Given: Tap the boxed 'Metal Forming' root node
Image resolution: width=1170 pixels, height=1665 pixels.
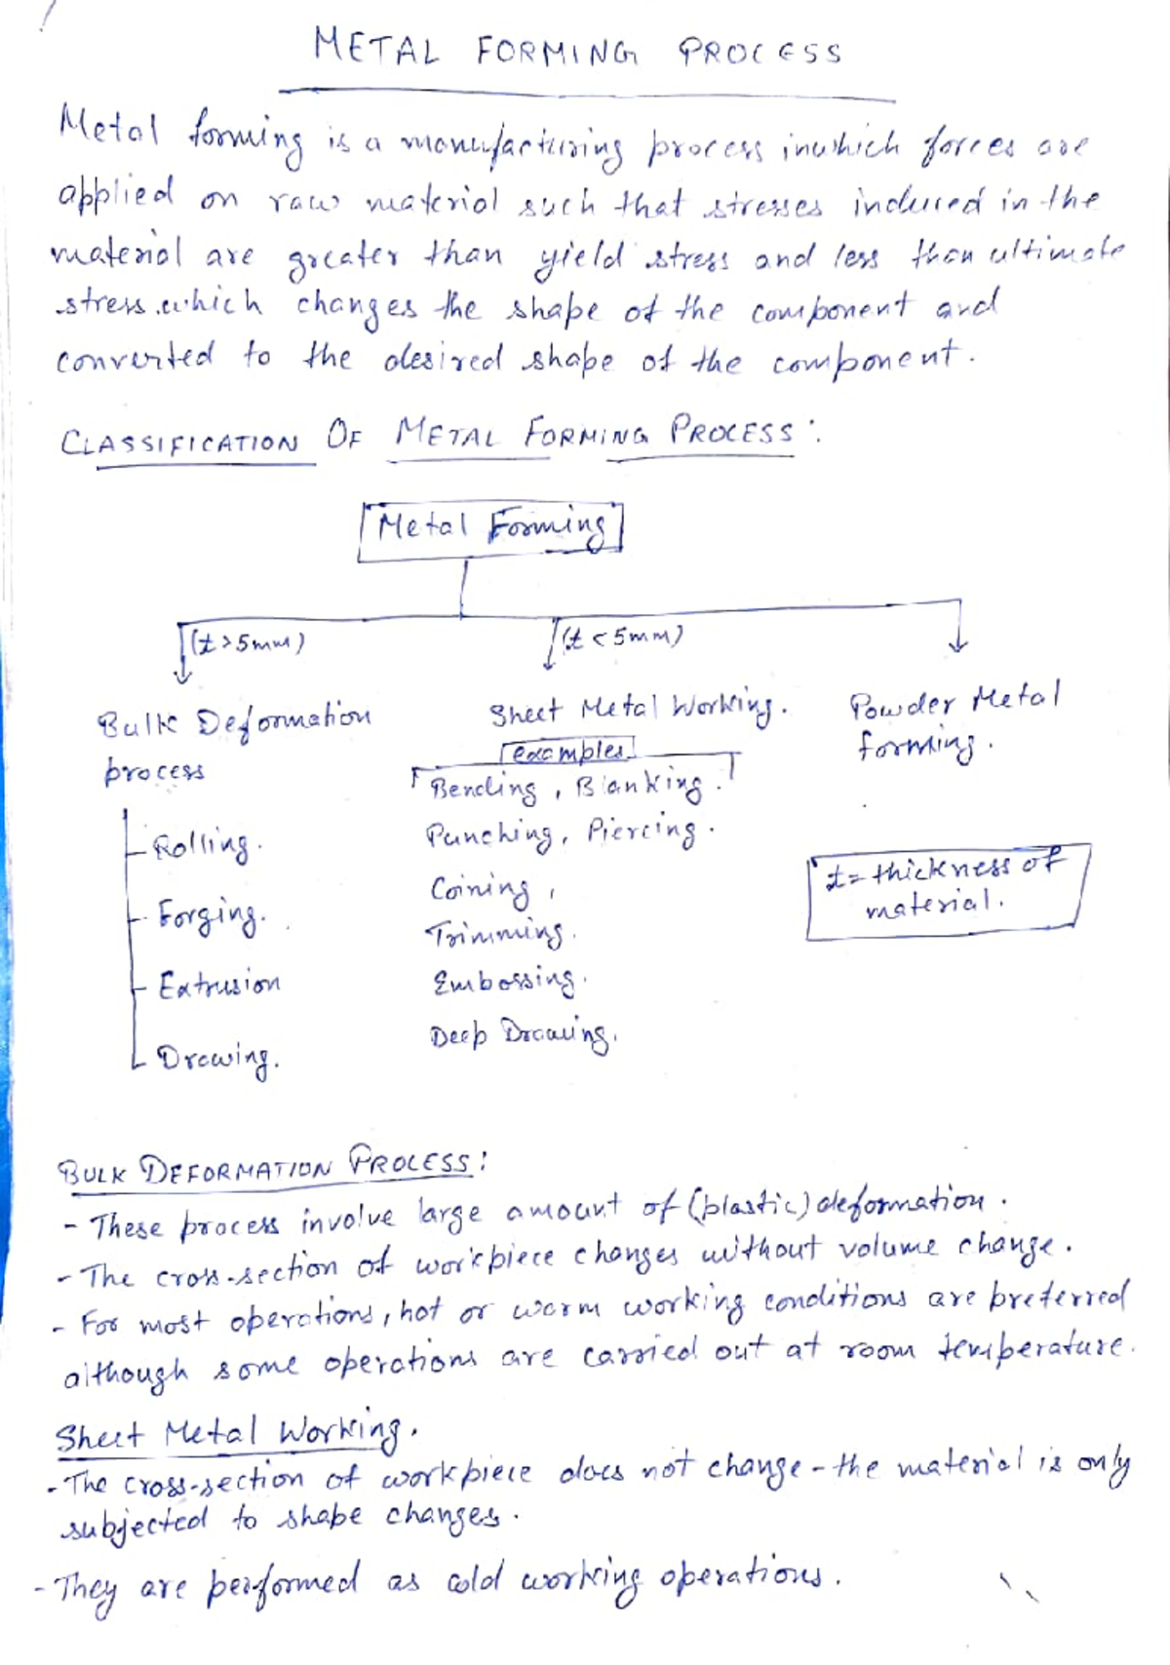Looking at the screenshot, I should point(490,529).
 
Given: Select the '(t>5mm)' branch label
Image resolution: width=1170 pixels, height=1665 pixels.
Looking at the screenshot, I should point(247,643).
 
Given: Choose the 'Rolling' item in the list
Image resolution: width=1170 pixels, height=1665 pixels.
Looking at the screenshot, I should point(202,844).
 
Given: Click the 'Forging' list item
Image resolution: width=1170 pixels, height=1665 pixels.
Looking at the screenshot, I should point(211,915).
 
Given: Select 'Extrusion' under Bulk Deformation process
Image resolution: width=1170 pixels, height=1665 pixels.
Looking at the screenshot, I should point(219,985).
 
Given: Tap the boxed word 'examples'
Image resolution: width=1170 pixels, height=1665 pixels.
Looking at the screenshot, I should point(567,752).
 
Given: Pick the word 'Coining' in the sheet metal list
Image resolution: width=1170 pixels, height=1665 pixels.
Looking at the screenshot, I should point(481,889).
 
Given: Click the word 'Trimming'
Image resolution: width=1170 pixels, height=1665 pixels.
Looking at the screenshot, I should point(494,934).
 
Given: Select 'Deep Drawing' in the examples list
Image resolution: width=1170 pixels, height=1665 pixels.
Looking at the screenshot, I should point(522,1034).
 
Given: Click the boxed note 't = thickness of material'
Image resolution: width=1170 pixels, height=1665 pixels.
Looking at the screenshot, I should point(946,889).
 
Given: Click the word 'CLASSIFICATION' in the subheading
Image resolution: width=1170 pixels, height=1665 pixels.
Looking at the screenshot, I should point(179,444).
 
